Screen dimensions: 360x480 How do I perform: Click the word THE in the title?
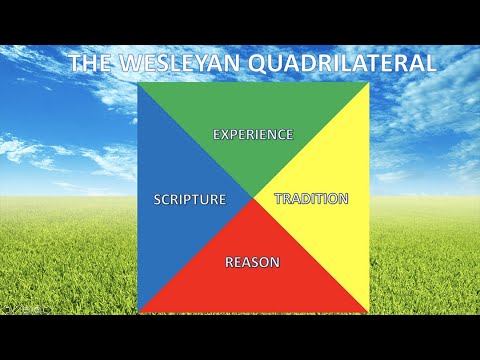[x=91, y=63]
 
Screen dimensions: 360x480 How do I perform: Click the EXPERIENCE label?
[x=254, y=133]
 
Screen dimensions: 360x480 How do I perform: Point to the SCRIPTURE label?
[x=190, y=198]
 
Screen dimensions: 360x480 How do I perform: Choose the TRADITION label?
[x=311, y=198]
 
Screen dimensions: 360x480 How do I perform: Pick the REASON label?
[x=252, y=262]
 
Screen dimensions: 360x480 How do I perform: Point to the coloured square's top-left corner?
[x=139, y=82]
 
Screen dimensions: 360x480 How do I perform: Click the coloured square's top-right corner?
[x=369, y=82]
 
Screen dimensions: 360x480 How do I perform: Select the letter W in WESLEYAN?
[x=125, y=63]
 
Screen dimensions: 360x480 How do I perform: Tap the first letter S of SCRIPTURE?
[x=158, y=198]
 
